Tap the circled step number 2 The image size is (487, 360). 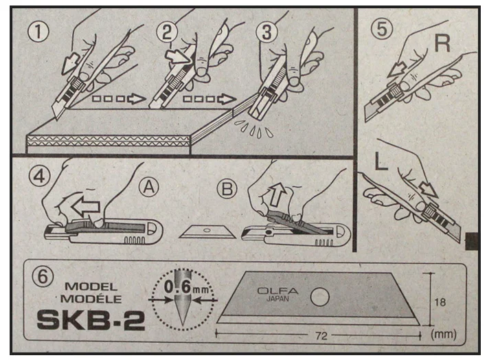(166, 31)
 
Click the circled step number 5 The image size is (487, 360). (383, 32)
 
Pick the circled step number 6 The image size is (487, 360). (43, 277)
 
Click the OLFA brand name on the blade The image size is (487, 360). (275, 289)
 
